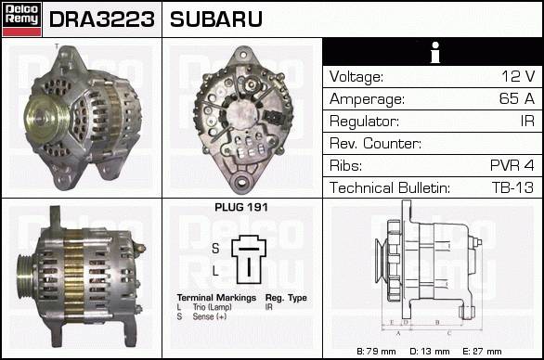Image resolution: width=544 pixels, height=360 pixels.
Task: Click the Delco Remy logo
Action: [x=21, y=19]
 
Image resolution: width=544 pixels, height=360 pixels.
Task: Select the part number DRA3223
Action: [x=102, y=19]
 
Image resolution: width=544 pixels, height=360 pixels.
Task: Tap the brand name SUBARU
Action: [x=215, y=19]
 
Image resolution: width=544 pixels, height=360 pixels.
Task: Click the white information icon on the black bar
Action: [x=435, y=52]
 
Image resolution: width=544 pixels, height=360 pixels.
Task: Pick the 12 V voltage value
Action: [x=518, y=76]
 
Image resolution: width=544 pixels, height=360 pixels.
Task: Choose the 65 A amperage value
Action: [x=516, y=98]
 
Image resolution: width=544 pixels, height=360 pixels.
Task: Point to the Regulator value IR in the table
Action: [x=527, y=121]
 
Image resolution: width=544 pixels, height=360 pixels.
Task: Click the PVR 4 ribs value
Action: [x=512, y=165]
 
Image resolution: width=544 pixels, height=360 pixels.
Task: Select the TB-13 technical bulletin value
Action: [x=512, y=187]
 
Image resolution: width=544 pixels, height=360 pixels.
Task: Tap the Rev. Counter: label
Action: [x=375, y=143]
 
